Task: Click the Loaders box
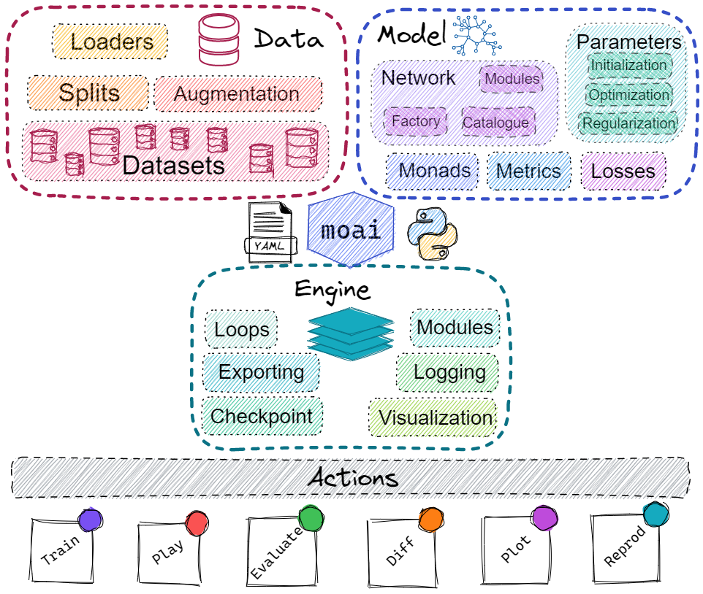(110, 42)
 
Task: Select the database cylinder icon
(218, 39)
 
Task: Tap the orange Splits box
(88, 93)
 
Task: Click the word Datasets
(173, 166)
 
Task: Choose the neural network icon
(476, 35)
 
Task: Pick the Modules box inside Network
(512, 79)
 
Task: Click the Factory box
(416, 121)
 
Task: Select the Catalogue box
(497, 123)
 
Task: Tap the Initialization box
(628, 66)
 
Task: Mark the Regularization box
(628, 123)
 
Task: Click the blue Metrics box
(528, 171)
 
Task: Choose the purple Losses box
(623, 171)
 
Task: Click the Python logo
(432, 234)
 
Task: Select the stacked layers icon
(351, 333)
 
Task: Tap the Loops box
(242, 330)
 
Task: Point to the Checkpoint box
(262, 417)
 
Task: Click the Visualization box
(433, 418)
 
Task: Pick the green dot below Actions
(310, 518)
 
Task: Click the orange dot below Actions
(430, 519)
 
